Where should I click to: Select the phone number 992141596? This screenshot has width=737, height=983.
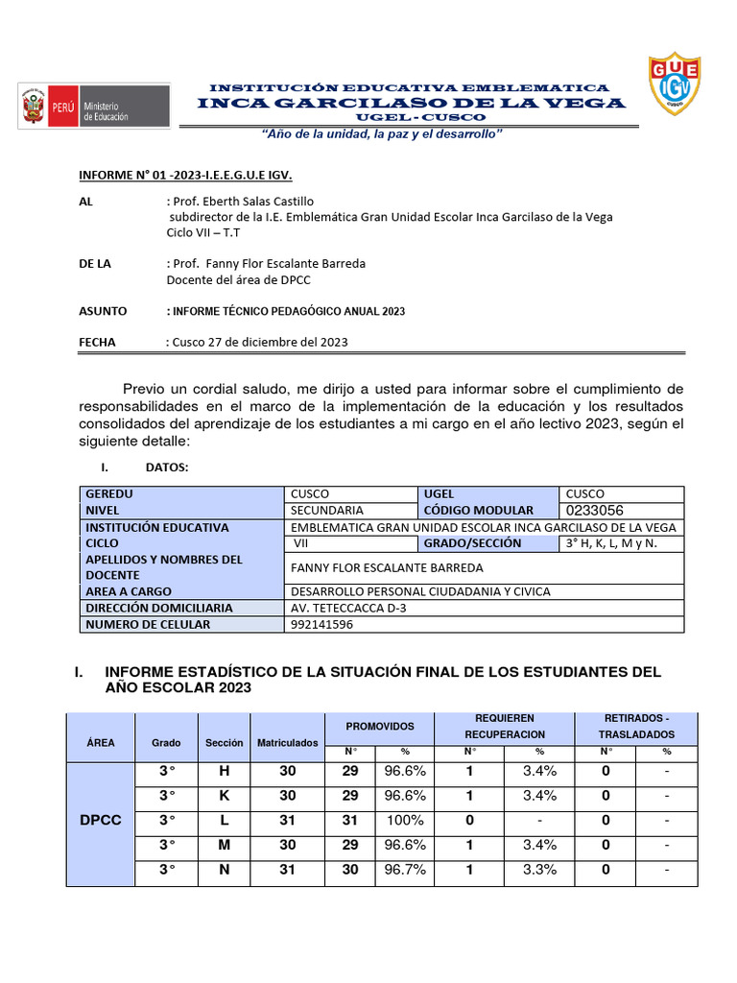[321, 625]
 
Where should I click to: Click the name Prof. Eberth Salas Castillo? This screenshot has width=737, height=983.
[241, 202]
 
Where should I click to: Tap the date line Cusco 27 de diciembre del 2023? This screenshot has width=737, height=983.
[257, 342]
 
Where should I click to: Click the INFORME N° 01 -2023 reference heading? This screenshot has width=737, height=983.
[184, 175]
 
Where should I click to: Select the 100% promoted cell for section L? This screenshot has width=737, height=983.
[403, 821]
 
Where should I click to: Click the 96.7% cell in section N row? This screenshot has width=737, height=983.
[403, 870]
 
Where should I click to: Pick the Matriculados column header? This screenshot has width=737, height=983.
[287, 742]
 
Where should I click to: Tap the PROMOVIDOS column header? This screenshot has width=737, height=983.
[380, 727]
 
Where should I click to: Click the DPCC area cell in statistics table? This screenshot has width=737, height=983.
[100, 821]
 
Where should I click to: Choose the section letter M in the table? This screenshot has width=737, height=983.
[225, 846]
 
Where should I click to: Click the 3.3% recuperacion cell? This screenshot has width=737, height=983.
[539, 870]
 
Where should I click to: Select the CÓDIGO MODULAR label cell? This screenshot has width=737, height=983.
[479, 511]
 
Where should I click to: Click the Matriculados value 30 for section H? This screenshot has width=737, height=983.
[287, 771]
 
